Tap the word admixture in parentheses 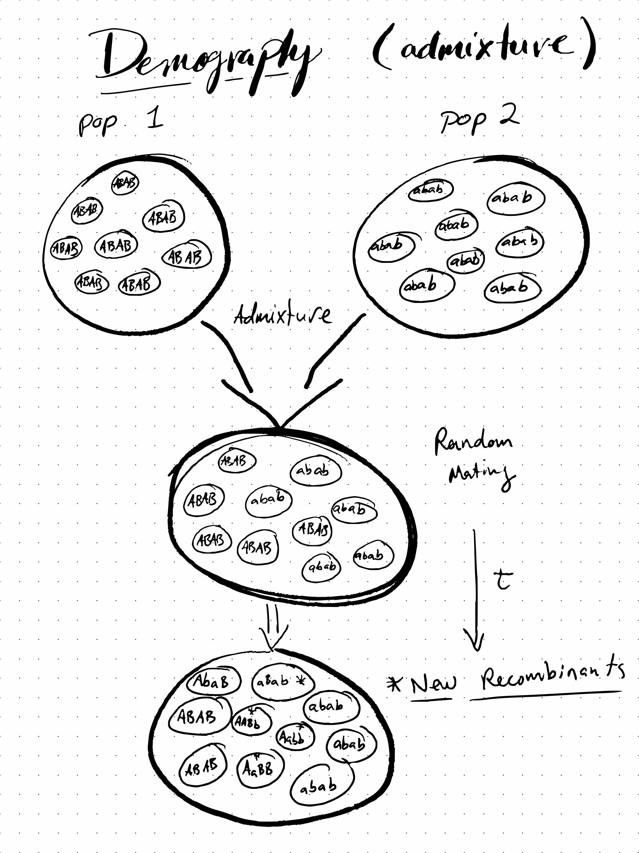point(484,50)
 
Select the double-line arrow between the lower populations point(273,627)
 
